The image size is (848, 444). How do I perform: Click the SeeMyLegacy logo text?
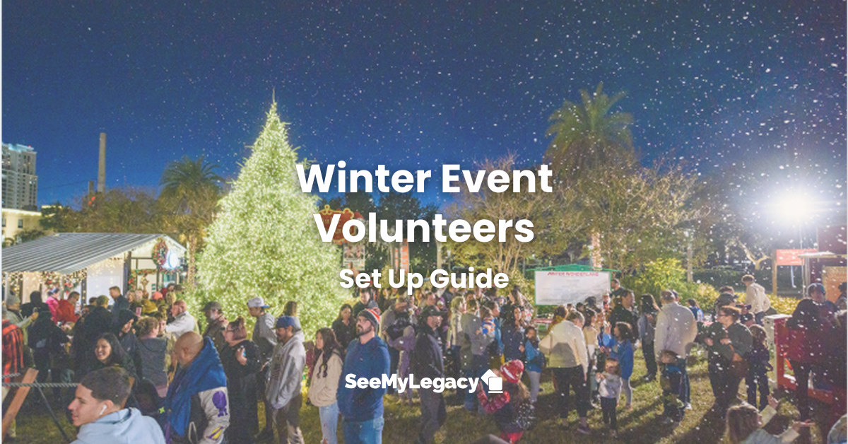(x=412, y=382)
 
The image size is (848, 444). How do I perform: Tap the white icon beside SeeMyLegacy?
(x=492, y=381)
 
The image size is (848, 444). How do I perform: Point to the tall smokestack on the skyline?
(x=102, y=163)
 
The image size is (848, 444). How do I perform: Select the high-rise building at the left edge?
(x=18, y=177)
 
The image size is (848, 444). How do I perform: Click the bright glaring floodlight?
(x=791, y=205)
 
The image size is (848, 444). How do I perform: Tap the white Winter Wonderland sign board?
(x=572, y=287)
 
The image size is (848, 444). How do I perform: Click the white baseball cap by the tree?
(x=258, y=303)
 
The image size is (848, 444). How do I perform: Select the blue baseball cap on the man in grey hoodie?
(x=286, y=322)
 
